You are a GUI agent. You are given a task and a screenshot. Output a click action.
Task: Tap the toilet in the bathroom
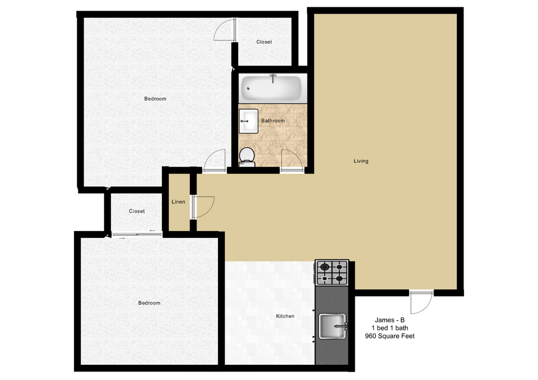247,157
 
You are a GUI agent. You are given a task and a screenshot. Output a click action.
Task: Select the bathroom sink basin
248,121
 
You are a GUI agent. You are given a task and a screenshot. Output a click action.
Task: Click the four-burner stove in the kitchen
332,273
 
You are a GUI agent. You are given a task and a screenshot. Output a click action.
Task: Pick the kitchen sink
332,326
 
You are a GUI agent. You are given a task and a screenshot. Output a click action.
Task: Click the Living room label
361,161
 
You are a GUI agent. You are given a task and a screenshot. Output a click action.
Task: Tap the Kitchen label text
285,316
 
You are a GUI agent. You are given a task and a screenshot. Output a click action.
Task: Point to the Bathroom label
273,121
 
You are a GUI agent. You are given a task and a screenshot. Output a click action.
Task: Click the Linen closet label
178,202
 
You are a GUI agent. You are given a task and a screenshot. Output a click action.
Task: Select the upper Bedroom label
155,98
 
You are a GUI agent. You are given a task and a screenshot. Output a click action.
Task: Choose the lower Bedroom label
149,303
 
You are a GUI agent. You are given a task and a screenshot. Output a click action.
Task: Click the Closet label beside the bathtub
264,42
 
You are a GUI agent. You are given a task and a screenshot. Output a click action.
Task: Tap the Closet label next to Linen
137,211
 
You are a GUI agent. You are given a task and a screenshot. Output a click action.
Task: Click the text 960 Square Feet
390,336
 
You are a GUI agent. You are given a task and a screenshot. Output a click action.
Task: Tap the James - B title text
390,320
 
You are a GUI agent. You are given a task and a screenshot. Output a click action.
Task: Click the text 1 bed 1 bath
390,328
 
